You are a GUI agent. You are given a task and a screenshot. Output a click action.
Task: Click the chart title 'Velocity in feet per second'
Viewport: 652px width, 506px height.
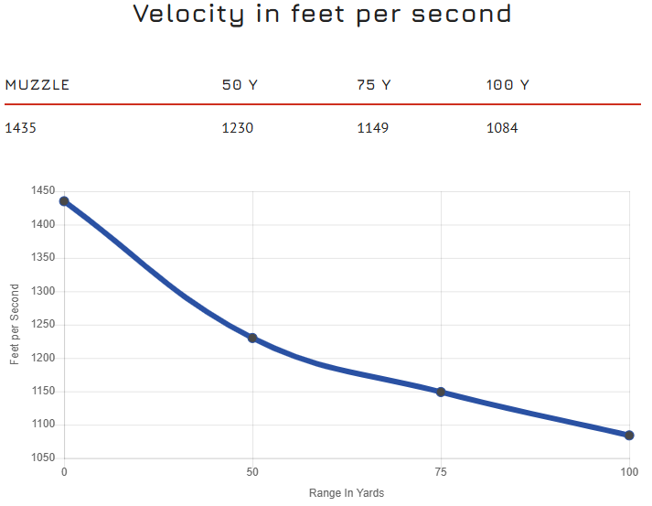click(x=322, y=15)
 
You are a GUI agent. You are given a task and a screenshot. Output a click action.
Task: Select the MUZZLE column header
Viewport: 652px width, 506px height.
click(x=37, y=85)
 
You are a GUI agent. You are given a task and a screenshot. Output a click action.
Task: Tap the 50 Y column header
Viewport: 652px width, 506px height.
click(x=240, y=85)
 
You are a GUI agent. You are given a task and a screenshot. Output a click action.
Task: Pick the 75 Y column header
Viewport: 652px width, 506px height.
click(x=373, y=85)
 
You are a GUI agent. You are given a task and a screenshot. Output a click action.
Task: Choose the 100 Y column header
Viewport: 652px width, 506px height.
click(x=508, y=85)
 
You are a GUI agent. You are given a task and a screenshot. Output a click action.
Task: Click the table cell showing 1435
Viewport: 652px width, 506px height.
click(x=20, y=128)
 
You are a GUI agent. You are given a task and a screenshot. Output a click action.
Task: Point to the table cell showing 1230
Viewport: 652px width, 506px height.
click(x=237, y=128)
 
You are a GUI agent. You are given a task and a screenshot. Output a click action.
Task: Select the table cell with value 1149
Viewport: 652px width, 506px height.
click(x=372, y=128)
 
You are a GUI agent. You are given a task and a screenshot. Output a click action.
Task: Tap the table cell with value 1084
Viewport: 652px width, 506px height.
click(x=502, y=128)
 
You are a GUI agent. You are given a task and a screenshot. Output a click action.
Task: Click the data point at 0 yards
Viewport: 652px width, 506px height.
click(x=64, y=201)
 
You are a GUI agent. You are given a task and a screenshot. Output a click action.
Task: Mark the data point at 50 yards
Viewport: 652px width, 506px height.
click(x=252, y=338)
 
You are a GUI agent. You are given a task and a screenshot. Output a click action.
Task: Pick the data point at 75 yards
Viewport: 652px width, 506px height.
click(x=441, y=392)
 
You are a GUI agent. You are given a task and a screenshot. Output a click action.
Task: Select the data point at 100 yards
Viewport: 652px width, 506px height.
click(x=629, y=436)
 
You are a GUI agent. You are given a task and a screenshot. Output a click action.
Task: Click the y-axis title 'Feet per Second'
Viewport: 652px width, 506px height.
click(x=15, y=324)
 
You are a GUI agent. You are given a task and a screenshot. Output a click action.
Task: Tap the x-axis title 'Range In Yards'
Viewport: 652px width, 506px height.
click(x=347, y=493)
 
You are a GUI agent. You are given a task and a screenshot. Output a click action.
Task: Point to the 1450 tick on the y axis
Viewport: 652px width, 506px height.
click(x=43, y=191)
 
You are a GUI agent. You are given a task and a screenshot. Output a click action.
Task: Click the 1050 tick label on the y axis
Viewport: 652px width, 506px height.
click(x=43, y=458)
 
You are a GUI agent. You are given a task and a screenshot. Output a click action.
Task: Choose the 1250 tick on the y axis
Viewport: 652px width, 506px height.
click(x=43, y=325)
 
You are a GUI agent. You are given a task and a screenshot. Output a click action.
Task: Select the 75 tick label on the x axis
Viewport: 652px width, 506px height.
click(x=441, y=472)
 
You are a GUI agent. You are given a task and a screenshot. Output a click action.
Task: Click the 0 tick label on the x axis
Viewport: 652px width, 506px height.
click(x=64, y=472)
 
